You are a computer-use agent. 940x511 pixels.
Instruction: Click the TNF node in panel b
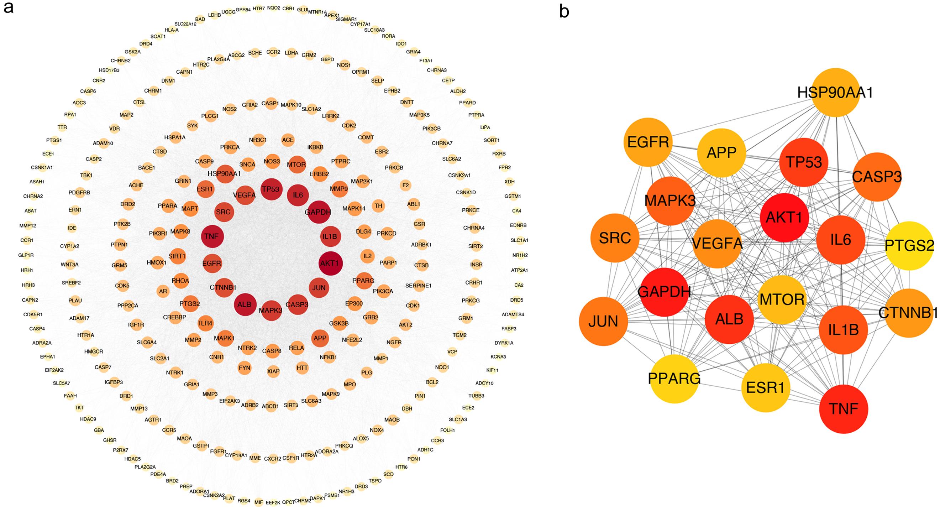(x=843, y=409)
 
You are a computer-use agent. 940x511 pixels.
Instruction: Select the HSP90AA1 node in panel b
(x=835, y=93)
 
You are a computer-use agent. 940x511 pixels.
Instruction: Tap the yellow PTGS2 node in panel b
(x=909, y=246)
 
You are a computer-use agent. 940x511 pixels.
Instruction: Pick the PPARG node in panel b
(x=674, y=379)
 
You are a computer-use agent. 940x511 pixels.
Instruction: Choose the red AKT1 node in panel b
(x=784, y=218)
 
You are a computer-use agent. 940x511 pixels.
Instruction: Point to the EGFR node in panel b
(x=648, y=142)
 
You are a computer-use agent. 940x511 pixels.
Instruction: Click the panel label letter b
(x=564, y=12)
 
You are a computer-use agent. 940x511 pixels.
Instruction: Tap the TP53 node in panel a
(x=271, y=189)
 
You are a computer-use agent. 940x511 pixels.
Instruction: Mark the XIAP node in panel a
(x=273, y=371)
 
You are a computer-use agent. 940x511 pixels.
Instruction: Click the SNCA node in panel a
(x=247, y=165)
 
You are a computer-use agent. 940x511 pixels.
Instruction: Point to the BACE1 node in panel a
(x=147, y=168)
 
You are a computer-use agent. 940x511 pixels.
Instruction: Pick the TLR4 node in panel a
(x=205, y=323)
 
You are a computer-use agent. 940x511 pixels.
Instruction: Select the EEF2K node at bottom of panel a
(x=273, y=502)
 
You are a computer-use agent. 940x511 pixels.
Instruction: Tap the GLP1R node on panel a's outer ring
(x=26, y=255)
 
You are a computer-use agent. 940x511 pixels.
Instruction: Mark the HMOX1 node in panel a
(x=157, y=262)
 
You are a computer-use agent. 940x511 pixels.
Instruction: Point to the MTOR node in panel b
(x=782, y=299)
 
